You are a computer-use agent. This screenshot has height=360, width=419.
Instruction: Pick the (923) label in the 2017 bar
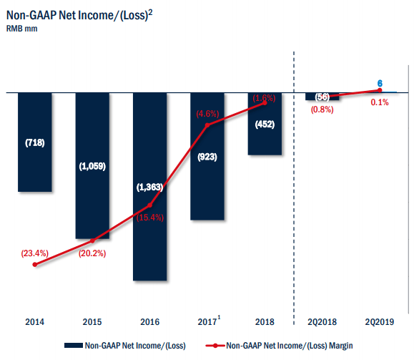pos(207,156)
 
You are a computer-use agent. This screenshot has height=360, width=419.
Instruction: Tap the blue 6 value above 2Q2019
pos(380,82)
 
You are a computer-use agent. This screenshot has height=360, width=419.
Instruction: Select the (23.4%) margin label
pos(35,253)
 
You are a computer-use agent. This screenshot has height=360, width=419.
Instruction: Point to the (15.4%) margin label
pos(151,218)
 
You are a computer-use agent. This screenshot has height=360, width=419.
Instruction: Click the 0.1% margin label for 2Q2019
pos(380,102)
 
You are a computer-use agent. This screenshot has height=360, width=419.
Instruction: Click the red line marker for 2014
pos(35,265)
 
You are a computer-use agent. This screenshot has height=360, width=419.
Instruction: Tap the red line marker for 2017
pos(207,125)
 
